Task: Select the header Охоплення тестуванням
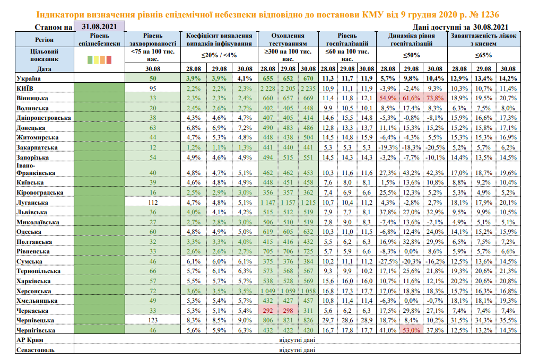[x=288, y=39]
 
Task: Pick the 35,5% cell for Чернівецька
[x=508, y=320]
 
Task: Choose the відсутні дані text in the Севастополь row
[x=297, y=349]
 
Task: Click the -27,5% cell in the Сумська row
[x=388, y=261]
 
